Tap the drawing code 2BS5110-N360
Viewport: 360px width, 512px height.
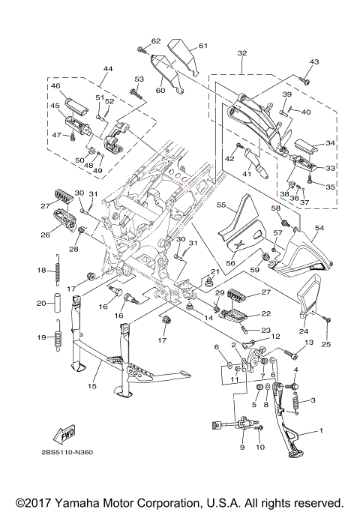point(67,453)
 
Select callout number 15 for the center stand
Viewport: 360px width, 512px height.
point(92,386)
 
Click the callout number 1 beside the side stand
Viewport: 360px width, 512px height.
point(321,431)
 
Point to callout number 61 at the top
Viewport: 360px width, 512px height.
point(202,46)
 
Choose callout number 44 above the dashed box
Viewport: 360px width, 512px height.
point(108,68)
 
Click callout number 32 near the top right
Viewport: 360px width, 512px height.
point(242,53)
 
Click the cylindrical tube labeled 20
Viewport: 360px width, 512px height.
point(58,304)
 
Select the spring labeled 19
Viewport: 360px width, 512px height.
point(58,337)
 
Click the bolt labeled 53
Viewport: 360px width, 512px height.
point(136,94)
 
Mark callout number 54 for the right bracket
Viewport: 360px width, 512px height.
point(319,228)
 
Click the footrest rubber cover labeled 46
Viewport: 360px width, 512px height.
point(76,106)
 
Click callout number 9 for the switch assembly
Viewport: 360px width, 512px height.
point(242,447)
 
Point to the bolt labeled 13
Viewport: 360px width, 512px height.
point(292,353)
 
